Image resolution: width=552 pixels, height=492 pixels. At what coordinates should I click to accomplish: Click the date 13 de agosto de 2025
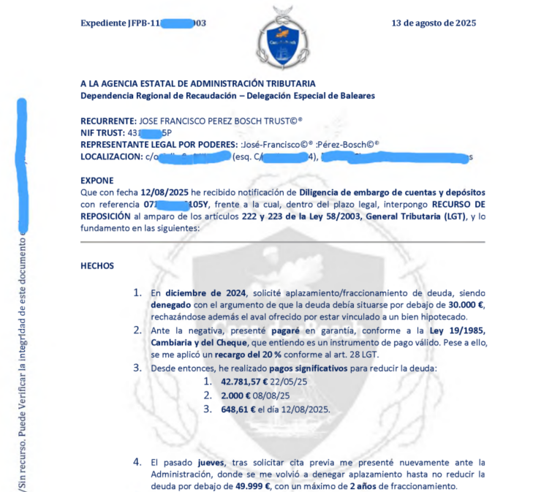(x=434, y=23)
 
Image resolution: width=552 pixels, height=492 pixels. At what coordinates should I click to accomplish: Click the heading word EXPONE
(x=97, y=180)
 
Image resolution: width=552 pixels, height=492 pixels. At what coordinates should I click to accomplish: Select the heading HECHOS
(x=97, y=265)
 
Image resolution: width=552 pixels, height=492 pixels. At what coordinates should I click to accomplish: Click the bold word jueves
(x=212, y=462)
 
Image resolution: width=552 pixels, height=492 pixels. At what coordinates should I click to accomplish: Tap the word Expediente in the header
(x=104, y=23)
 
